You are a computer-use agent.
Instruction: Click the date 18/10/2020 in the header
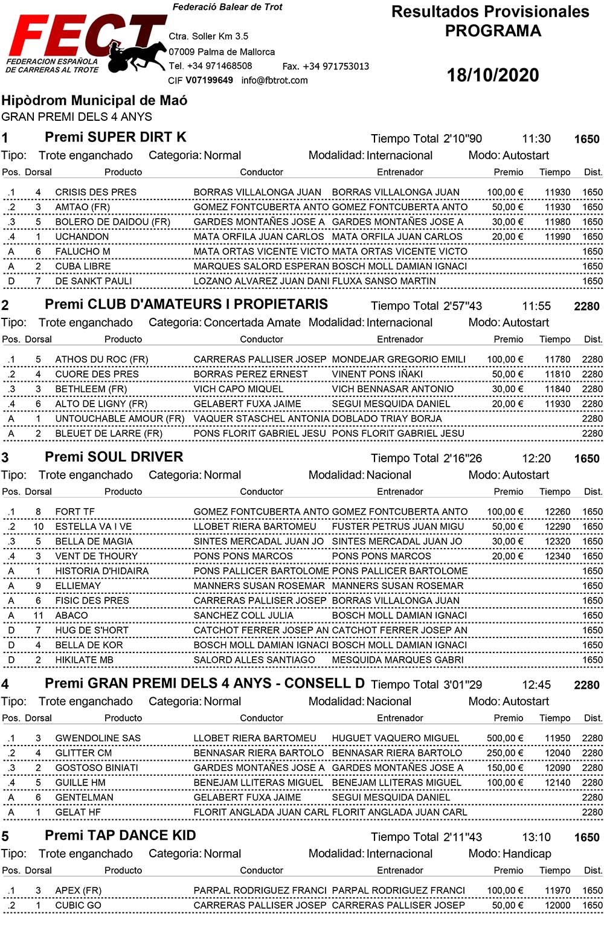click(492, 75)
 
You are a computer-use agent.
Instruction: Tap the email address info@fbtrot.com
click(274, 80)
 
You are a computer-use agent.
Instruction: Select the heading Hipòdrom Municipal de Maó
click(94, 100)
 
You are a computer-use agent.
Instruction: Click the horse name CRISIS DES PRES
click(95, 192)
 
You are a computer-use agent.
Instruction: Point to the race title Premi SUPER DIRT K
click(115, 137)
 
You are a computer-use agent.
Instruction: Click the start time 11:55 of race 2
click(536, 306)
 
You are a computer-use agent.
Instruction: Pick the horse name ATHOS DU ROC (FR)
click(101, 359)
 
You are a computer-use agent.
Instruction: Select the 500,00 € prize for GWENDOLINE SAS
click(504, 738)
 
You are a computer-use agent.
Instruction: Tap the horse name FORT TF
click(75, 512)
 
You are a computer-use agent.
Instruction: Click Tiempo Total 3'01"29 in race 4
click(426, 685)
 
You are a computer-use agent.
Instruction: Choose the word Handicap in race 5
click(526, 854)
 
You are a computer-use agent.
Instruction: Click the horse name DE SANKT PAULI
click(93, 281)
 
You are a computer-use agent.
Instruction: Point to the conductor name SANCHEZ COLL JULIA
click(243, 616)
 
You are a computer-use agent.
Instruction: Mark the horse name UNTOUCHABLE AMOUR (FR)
click(120, 419)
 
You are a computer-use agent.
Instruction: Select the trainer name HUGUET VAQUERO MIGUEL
click(395, 738)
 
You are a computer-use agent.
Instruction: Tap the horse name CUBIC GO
click(78, 905)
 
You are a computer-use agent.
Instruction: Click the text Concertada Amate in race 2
click(252, 323)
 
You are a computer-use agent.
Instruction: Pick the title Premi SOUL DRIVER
click(114, 457)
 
